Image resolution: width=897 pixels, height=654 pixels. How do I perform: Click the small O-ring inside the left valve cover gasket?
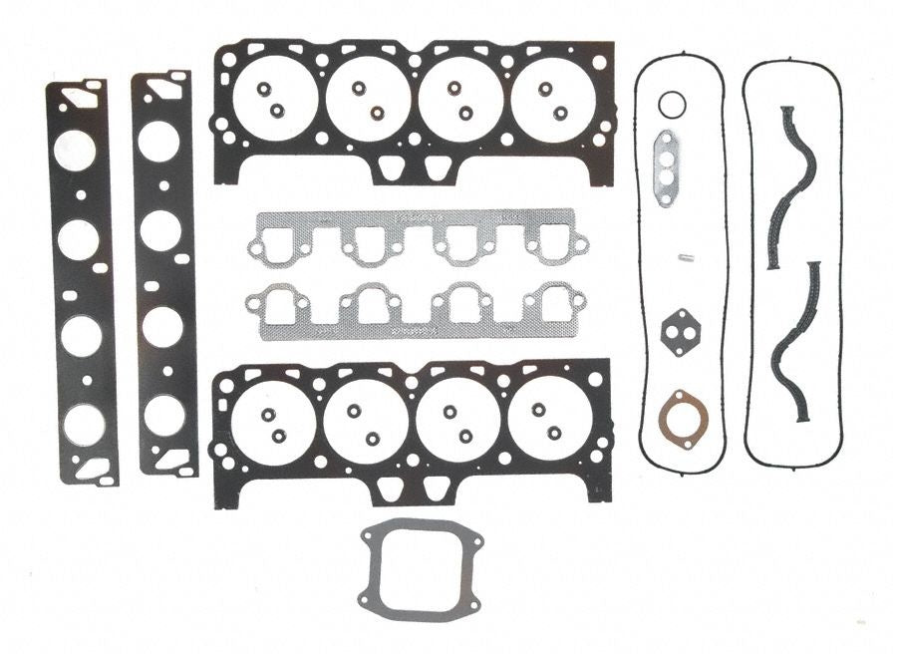pyautogui.click(x=673, y=104)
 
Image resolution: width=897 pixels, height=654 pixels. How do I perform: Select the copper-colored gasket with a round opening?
pyautogui.click(x=681, y=413)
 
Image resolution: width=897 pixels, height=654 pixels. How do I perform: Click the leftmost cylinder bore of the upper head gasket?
pyautogui.click(x=275, y=98)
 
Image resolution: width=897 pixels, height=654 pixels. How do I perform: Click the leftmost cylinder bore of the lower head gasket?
pyautogui.click(x=273, y=420)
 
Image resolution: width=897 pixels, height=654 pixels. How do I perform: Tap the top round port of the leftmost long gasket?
pyautogui.click(x=76, y=151)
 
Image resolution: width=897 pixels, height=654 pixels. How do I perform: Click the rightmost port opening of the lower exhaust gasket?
pyautogui.click(x=555, y=303)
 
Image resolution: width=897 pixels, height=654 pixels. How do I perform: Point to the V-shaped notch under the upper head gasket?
pyautogui.click(x=413, y=169)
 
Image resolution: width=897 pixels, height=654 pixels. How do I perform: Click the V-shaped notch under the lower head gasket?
pyautogui.click(x=413, y=490)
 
